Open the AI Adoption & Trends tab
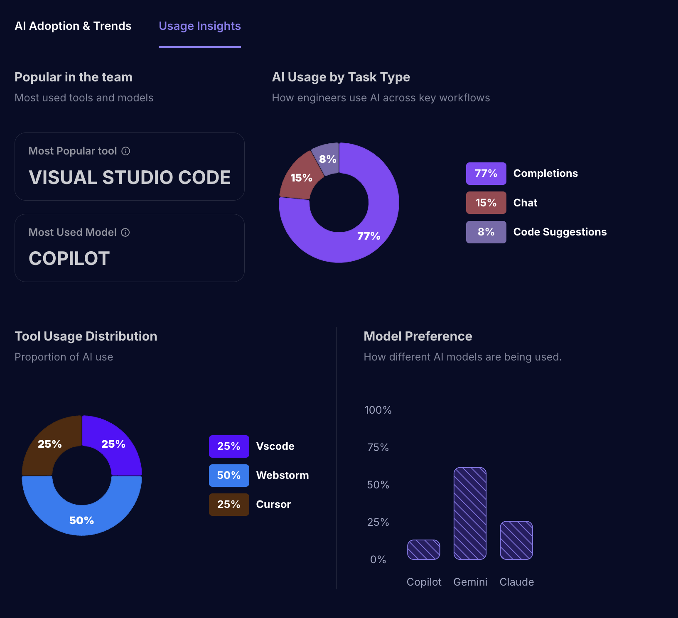73,26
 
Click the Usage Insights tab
200,26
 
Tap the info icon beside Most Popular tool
126,151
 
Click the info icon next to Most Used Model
125,233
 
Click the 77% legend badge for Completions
486,174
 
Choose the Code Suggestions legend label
560,232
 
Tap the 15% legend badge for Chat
486,203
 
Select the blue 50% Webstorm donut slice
82,519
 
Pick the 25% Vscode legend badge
229,446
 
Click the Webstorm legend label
282,476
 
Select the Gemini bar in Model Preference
470,513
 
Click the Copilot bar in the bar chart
424,550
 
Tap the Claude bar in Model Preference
516,540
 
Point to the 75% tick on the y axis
378,448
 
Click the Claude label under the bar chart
517,582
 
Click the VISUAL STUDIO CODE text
130,178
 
